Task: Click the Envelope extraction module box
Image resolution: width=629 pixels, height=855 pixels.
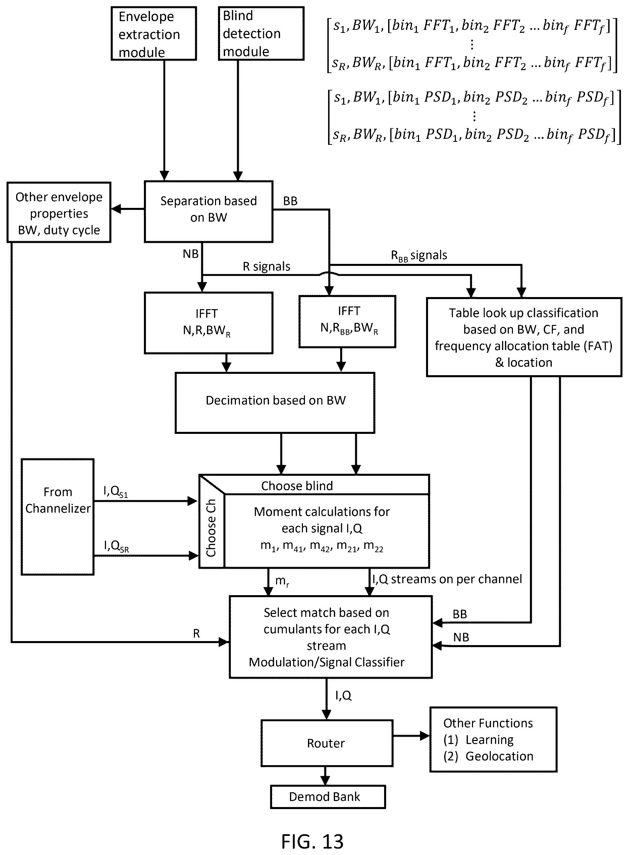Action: (x=154, y=34)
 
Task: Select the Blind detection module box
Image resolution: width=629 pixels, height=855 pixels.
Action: (x=261, y=34)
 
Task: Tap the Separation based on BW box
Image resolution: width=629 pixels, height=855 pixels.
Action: (x=209, y=212)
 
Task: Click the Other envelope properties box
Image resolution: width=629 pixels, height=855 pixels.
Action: (x=59, y=212)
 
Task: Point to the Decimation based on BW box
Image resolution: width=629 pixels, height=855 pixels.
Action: (x=275, y=403)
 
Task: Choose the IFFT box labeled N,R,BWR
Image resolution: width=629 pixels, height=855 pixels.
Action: (x=209, y=323)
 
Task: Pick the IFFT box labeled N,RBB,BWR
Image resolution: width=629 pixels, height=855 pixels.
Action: (x=348, y=322)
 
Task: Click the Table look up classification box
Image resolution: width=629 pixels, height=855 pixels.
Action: (x=524, y=337)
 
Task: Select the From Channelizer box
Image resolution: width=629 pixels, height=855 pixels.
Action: (x=57, y=517)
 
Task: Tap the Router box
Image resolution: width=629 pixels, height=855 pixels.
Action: (x=327, y=743)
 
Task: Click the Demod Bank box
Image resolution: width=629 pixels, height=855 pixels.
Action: (x=328, y=797)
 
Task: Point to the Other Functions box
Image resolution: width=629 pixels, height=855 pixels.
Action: (x=493, y=739)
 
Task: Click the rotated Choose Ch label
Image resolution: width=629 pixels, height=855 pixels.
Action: (x=211, y=528)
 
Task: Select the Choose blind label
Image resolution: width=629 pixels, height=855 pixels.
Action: (x=297, y=486)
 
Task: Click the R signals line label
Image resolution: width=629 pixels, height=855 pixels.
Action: (x=266, y=266)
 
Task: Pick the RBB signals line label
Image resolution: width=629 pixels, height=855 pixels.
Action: (x=419, y=255)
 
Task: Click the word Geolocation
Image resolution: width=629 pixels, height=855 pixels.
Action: (x=499, y=756)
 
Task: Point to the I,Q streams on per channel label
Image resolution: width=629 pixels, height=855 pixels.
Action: (x=447, y=579)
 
